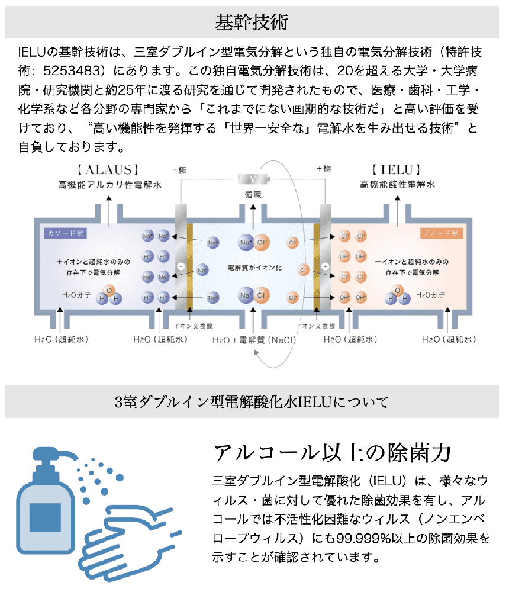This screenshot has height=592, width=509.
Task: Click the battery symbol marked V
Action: [253, 179]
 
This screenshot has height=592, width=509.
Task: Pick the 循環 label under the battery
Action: [253, 194]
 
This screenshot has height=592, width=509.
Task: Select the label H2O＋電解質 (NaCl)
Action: [254, 341]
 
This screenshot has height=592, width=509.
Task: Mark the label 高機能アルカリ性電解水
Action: [109, 185]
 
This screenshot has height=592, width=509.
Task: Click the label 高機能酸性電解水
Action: [397, 185]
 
